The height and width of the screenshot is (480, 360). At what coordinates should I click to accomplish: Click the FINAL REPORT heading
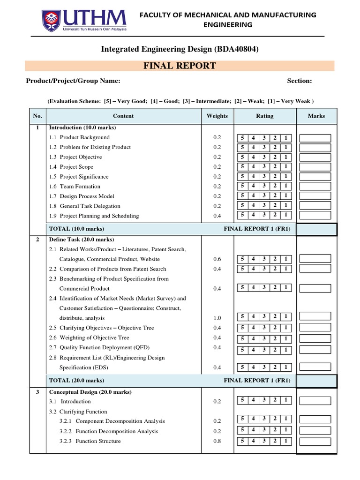click(180, 66)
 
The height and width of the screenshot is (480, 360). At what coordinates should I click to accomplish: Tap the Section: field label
click(300, 81)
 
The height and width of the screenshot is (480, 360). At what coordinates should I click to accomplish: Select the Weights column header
click(217, 116)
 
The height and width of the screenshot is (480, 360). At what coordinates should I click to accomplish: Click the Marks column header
click(316, 116)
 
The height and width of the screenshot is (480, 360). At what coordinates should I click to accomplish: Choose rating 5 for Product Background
click(242, 138)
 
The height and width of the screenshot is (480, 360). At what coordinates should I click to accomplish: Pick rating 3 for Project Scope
click(264, 167)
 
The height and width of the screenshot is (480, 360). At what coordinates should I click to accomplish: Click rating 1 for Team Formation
click(286, 187)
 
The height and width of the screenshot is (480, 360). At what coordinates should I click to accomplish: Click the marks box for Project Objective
click(315, 157)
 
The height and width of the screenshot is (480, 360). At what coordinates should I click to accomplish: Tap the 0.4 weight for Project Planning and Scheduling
click(217, 216)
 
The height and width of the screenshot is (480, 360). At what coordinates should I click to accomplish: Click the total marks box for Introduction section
click(316, 229)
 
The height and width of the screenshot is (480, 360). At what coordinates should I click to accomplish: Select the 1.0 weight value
click(217, 318)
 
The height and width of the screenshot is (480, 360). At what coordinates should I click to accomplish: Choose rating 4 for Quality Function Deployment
click(254, 350)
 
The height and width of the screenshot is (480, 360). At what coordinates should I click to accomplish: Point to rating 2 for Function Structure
click(275, 441)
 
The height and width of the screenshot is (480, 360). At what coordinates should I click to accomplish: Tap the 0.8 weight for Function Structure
click(217, 441)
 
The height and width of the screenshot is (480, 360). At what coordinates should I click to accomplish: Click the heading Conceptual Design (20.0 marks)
click(90, 392)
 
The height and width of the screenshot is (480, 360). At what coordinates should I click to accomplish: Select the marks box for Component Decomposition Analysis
click(315, 419)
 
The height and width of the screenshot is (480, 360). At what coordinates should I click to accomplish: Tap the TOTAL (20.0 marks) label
click(77, 381)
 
